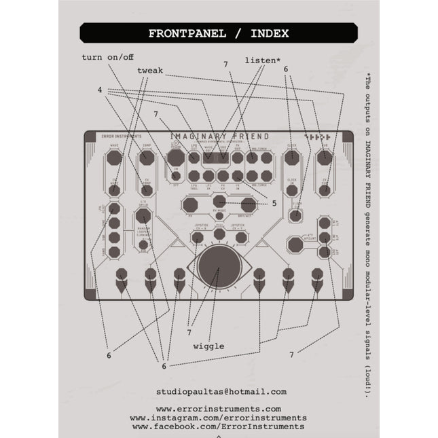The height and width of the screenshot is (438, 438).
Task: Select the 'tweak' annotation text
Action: (x=150, y=71)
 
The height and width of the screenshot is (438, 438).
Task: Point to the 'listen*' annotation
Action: (x=262, y=61)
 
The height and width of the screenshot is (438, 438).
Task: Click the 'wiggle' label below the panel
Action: (x=208, y=346)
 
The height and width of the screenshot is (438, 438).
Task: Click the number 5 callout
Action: (x=274, y=202)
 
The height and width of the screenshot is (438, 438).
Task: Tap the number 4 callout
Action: (x=100, y=89)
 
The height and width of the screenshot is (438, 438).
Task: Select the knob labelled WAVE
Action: (x=114, y=158)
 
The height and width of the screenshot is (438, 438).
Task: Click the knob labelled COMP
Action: (x=145, y=158)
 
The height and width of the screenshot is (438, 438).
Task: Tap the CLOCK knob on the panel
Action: (x=292, y=158)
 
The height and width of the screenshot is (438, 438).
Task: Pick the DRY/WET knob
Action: (x=249, y=204)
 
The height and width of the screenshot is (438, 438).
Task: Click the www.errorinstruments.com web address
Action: (x=218, y=409)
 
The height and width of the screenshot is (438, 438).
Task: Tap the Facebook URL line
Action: (x=218, y=426)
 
